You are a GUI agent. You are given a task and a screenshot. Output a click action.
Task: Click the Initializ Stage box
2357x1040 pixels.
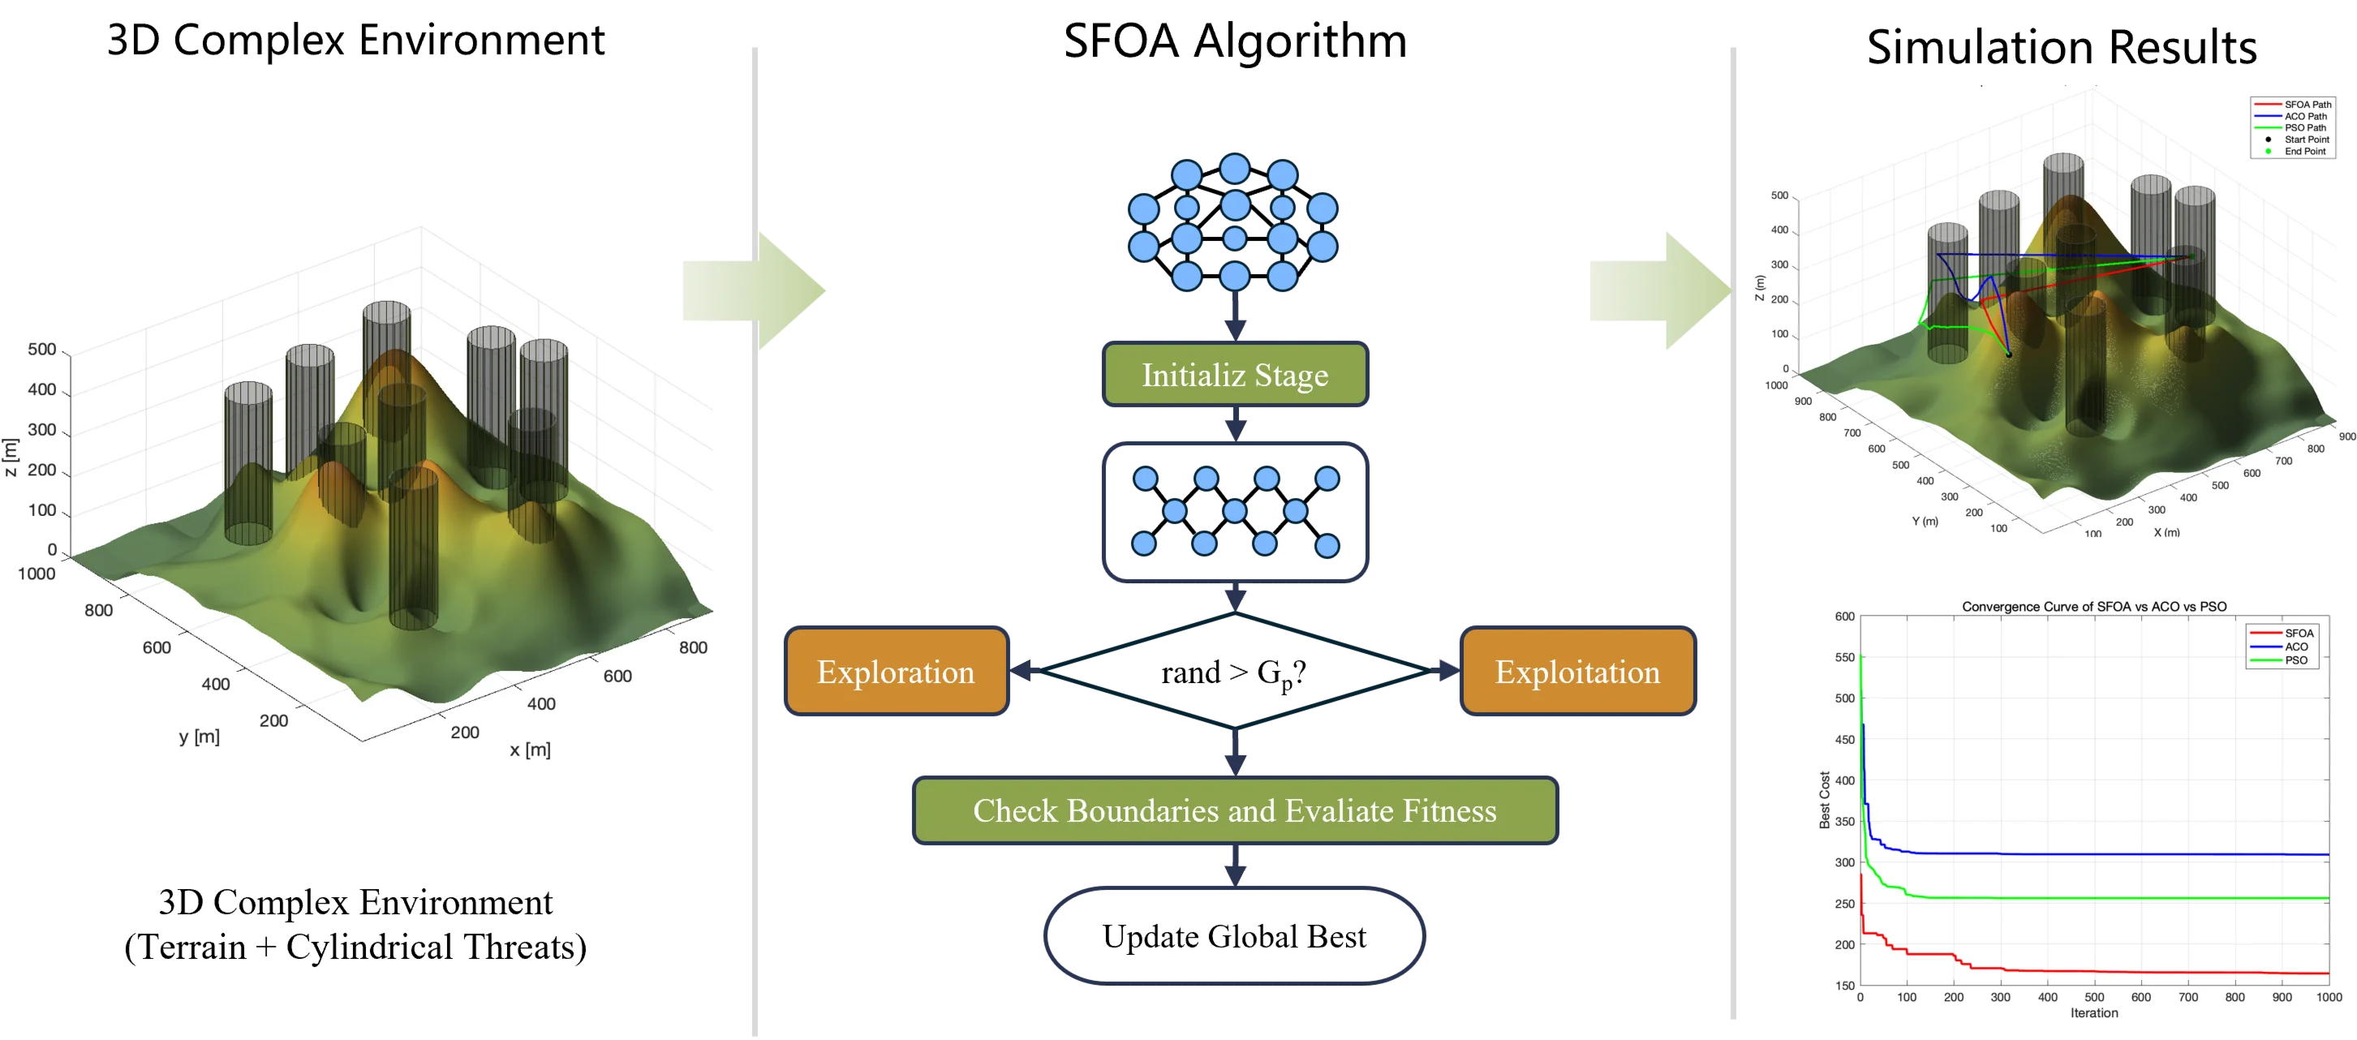1234,374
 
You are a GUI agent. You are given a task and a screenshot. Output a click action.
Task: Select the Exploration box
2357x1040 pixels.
896,672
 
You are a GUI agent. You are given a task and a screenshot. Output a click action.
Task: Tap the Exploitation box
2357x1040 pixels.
1577,672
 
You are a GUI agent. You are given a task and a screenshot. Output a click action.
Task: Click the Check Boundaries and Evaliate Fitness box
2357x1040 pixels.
1234,810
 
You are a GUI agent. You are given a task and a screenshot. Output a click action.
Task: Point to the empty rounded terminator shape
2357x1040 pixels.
1233,934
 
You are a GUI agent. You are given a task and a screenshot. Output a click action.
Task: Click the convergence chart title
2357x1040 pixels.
2093,607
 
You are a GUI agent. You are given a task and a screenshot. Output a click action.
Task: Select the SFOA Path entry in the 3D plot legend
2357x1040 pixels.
2307,105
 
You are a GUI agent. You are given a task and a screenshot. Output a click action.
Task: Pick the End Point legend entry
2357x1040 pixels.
2304,152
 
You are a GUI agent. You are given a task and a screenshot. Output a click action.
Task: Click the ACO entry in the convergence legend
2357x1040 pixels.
2295,647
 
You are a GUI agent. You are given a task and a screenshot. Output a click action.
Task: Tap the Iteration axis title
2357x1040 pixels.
2093,1012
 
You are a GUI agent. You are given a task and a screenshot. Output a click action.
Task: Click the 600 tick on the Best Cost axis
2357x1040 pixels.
1844,617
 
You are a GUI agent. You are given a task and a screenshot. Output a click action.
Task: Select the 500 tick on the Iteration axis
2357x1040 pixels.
2093,997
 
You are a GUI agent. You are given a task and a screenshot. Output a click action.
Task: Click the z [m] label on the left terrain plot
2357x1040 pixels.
10,457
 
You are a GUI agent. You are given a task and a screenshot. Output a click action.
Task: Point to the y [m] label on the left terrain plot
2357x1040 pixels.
200,737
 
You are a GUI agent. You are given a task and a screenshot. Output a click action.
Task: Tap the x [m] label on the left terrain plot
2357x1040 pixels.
530,750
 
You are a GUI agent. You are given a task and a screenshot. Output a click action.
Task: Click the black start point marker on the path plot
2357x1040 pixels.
2009,355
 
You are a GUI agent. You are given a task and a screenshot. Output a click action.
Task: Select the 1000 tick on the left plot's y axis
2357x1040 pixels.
37,574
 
